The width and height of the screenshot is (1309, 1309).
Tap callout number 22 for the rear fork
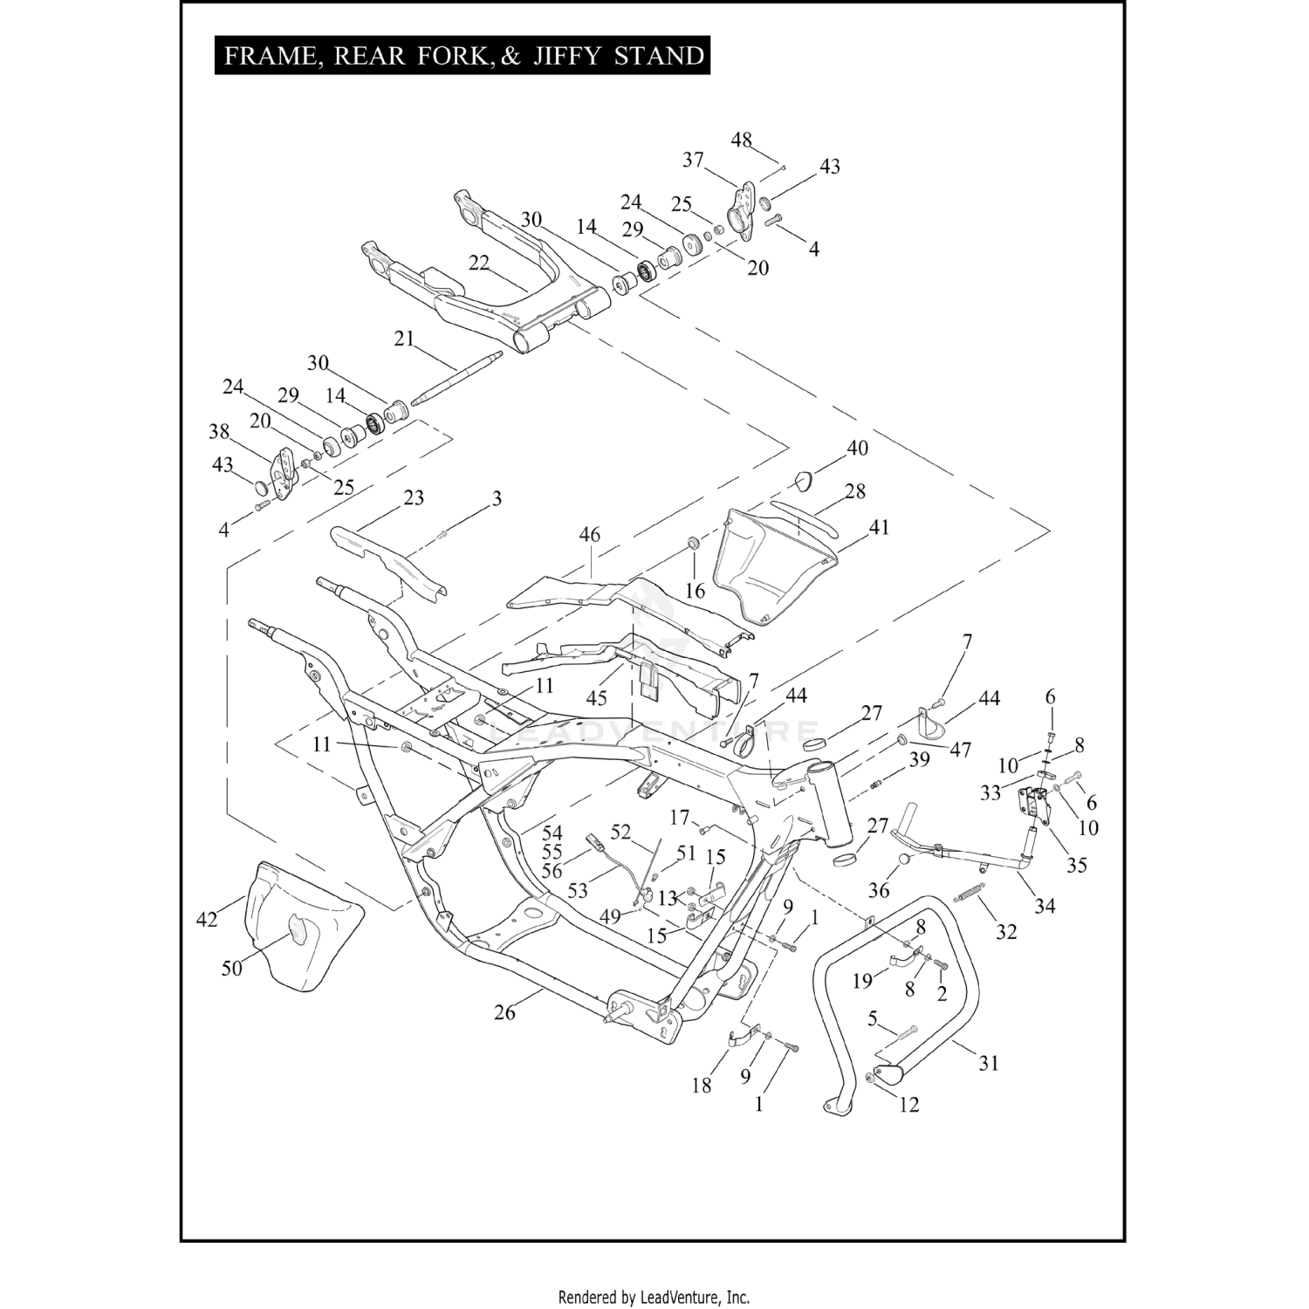[479, 262]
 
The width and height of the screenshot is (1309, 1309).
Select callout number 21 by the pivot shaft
[404, 339]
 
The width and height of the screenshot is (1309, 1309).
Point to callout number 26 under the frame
[505, 1011]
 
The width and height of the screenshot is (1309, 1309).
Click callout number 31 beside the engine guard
[988, 1063]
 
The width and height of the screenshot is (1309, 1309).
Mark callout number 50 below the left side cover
[232, 968]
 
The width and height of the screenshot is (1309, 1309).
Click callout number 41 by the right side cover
[879, 527]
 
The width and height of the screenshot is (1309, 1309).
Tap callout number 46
[590, 534]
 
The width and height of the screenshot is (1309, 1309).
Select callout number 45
[596, 698]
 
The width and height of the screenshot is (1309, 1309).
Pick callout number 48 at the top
[742, 140]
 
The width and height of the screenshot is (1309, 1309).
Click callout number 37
[693, 160]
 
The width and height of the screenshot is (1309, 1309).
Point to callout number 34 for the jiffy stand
[1045, 906]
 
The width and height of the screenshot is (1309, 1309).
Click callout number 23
[414, 497]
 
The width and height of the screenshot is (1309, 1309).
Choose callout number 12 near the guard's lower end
[909, 1104]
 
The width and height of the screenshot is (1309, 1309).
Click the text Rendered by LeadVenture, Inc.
[654, 1298]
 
